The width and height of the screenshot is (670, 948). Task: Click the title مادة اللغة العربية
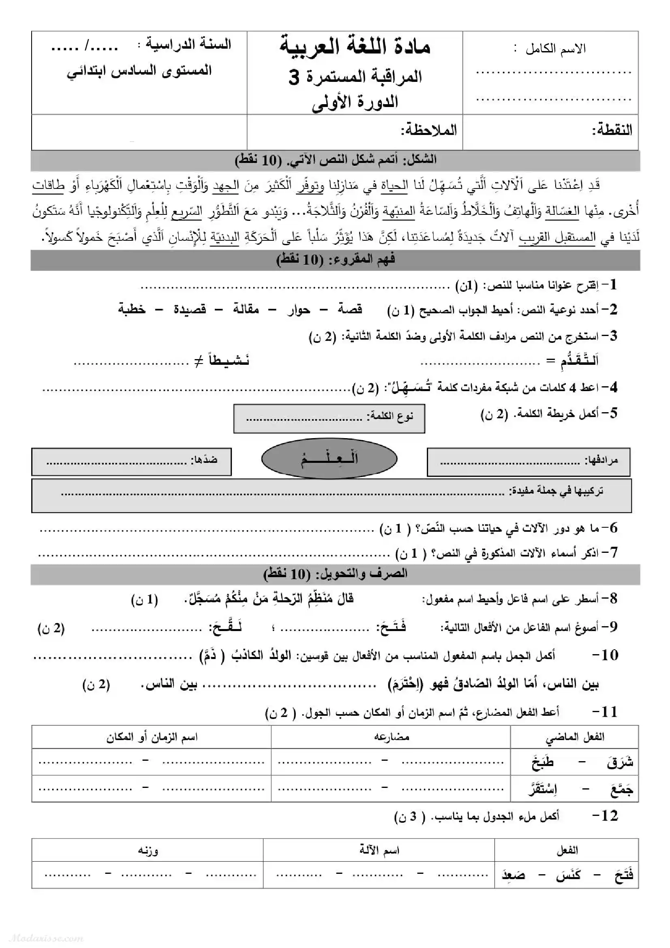tap(355, 46)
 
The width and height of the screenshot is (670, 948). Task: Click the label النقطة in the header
tap(612, 131)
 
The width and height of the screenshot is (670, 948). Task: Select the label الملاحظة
tap(429, 131)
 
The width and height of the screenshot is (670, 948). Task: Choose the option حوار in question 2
tap(298, 309)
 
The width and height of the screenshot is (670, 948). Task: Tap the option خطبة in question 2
tap(132, 309)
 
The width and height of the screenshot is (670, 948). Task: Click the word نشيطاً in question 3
tap(228, 361)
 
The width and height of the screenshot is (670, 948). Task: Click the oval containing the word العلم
tap(329, 458)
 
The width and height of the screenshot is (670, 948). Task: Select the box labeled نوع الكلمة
tap(329, 418)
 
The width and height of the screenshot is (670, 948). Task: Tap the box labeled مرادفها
tap(529, 462)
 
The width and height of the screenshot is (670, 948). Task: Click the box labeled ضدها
tap(131, 462)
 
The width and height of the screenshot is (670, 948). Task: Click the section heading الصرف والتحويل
tap(335, 574)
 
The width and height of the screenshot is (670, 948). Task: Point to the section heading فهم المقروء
tap(335, 260)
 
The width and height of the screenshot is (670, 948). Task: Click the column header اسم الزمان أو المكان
tap(152, 737)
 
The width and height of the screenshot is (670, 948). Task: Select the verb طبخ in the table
tap(542, 762)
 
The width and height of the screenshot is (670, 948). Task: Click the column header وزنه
tap(148, 851)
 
